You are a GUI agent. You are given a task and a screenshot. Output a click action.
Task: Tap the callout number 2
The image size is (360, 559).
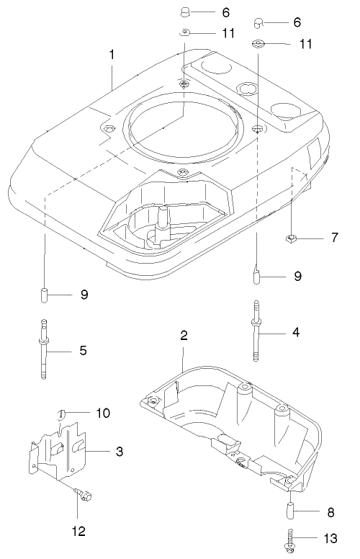click(184, 335)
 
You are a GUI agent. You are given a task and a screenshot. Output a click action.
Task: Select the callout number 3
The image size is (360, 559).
click(120, 452)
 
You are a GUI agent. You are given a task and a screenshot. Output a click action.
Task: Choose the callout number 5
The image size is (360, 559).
click(83, 351)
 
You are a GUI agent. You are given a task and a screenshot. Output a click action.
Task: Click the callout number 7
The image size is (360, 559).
click(334, 237)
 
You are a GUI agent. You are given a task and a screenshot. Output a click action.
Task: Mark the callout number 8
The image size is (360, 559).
click(330, 514)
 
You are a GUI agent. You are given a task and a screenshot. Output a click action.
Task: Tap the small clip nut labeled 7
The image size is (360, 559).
click(292, 238)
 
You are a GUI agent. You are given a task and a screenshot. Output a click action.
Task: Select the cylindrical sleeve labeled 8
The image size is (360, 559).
click(292, 513)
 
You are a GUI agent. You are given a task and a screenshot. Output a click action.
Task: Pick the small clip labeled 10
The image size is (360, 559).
click(61, 413)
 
